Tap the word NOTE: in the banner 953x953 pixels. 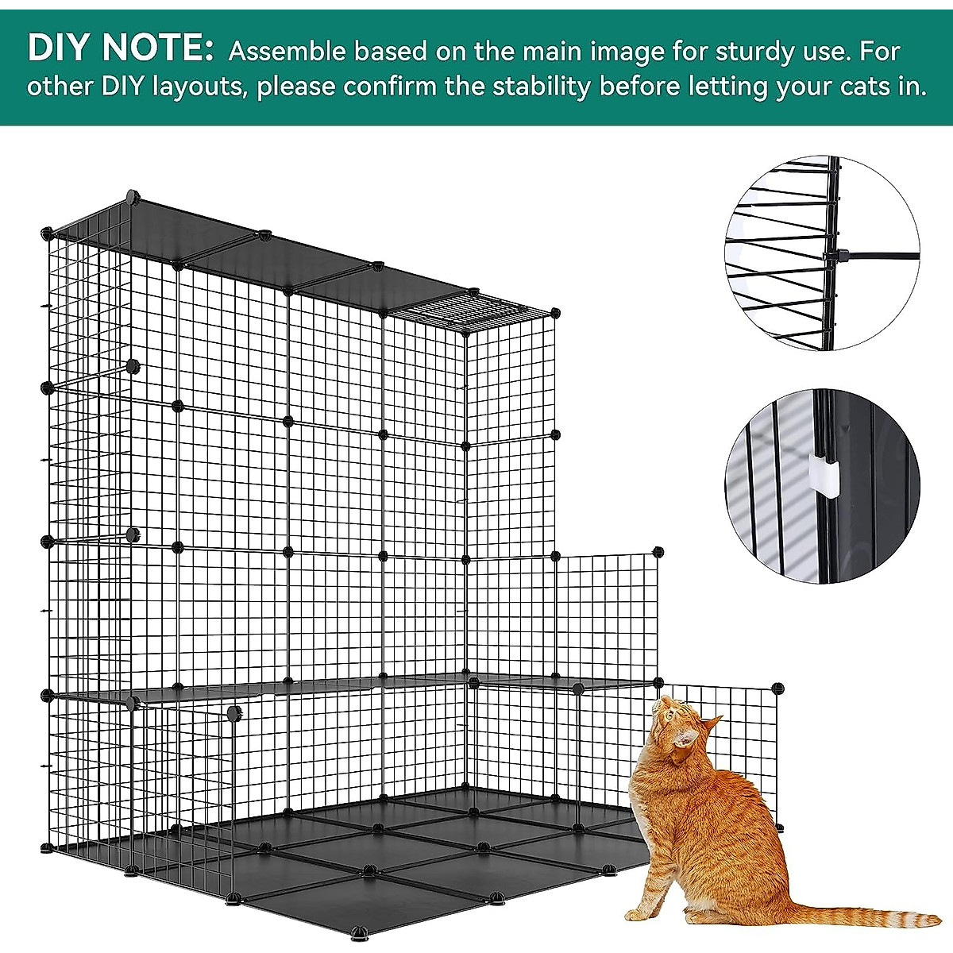[158, 49]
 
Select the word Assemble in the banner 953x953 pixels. [287, 52]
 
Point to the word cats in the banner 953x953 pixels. [854, 86]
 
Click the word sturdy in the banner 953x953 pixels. [754, 52]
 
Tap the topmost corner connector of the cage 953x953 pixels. [132, 195]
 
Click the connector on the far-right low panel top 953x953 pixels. [777, 688]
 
